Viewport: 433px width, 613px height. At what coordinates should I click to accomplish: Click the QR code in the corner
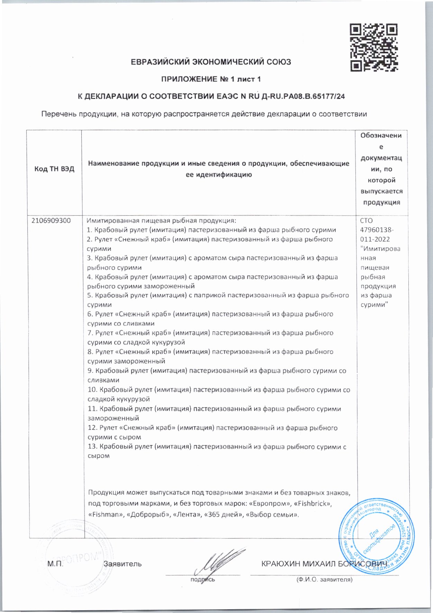(x=373, y=47)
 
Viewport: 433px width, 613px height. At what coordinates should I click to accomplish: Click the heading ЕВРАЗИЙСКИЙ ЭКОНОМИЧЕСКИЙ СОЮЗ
(x=211, y=62)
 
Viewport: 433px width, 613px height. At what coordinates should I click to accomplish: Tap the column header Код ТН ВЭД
(x=54, y=169)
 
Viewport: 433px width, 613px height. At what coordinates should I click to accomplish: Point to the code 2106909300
(x=51, y=220)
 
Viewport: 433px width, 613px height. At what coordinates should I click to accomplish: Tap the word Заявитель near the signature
(x=123, y=564)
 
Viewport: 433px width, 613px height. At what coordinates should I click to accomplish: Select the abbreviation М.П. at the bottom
(x=55, y=564)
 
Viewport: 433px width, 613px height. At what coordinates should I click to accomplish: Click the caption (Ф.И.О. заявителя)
(x=324, y=579)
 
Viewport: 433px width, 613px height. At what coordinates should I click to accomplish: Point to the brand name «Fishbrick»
(x=312, y=503)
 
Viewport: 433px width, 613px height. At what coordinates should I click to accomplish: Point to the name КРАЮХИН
(x=281, y=564)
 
